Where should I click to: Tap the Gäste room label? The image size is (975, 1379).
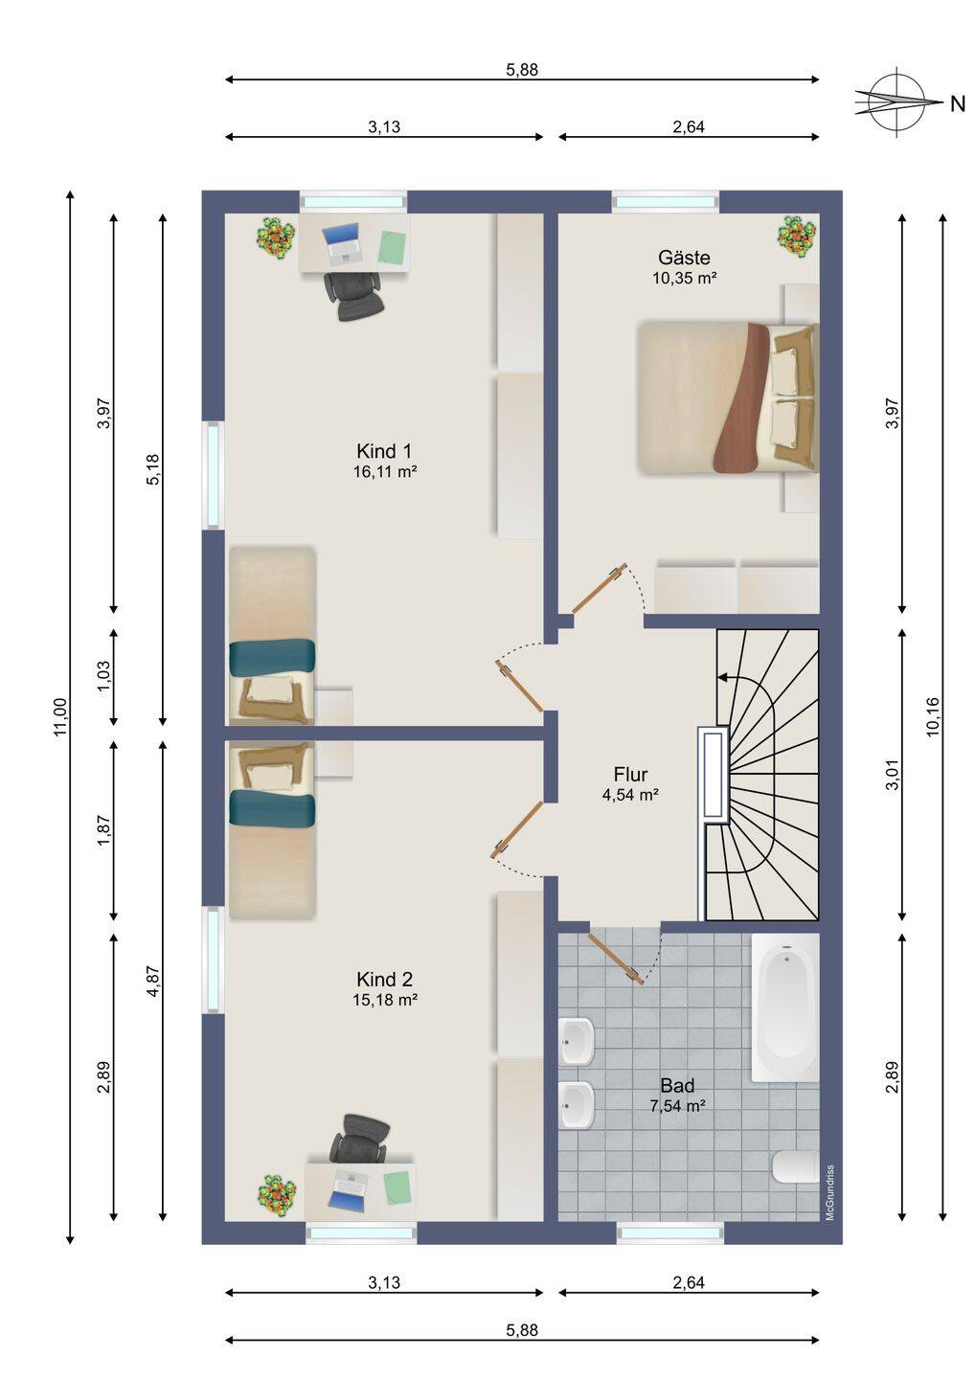684,258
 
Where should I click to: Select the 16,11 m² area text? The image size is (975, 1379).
385,472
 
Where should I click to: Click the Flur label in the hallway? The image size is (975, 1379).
630,774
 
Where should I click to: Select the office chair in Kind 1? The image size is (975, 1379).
355,296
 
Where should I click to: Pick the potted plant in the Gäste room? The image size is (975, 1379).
797,237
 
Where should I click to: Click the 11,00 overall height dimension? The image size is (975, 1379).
59,717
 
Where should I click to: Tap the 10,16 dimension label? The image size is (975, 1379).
933,716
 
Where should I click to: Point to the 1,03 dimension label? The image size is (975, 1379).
103,676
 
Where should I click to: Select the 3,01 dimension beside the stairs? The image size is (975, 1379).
892,774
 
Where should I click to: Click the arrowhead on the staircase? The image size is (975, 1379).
721,677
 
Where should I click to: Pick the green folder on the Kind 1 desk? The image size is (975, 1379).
392,247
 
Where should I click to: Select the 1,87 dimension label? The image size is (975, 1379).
103,830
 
